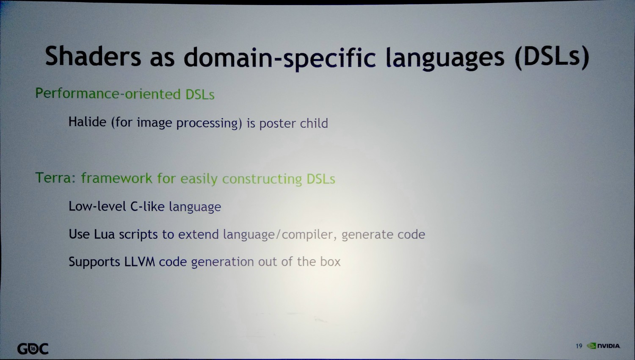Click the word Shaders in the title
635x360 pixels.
(x=93, y=56)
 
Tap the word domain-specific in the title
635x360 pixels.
(x=279, y=58)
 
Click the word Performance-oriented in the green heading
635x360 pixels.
(x=108, y=94)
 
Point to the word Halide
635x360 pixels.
(x=87, y=122)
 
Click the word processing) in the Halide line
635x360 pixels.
(x=209, y=123)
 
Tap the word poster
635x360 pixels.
(x=278, y=124)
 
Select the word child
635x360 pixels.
(x=314, y=123)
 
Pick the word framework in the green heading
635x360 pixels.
(x=117, y=178)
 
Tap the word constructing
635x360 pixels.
(x=262, y=179)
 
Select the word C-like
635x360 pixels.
(x=147, y=206)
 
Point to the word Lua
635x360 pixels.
(x=104, y=234)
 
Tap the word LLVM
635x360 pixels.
(x=139, y=261)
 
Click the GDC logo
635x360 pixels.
(x=33, y=349)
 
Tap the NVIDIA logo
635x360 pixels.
(x=603, y=346)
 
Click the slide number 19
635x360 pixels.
(x=579, y=346)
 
